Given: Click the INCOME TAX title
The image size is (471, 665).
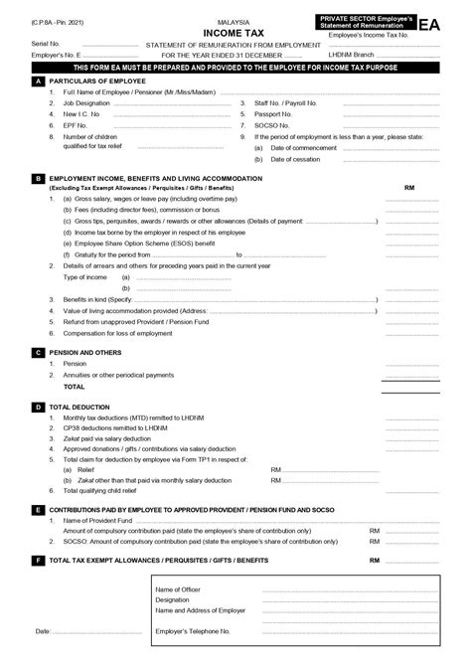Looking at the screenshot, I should coord(235,32).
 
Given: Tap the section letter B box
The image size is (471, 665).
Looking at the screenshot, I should coord(37,179).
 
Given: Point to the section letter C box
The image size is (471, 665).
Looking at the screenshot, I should coord(37,351).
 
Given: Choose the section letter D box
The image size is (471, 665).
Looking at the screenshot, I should coord(37,407).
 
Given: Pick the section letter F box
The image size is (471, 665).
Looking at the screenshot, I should coord(37,560).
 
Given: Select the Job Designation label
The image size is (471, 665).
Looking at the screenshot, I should coord(86,103).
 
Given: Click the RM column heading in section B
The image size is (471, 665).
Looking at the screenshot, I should coord(409,188).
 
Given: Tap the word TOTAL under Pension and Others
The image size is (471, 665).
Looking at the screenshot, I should coord(75,386).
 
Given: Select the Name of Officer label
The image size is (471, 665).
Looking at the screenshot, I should coord(178,588).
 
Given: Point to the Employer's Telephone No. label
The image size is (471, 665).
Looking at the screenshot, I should coord(194,631).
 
